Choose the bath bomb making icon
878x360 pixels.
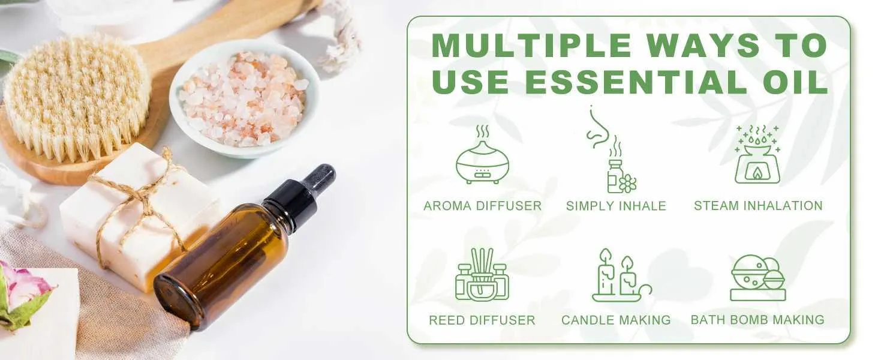point(758,278)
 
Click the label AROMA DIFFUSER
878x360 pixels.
point(482,206)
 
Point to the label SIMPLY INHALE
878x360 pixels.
point(616,206)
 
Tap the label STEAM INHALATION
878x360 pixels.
point(758,205)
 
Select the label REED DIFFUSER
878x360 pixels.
point(482,320)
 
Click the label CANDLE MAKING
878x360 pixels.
point(616,320)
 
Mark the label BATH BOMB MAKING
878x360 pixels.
point(757,320)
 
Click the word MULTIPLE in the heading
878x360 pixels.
point(531,46)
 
